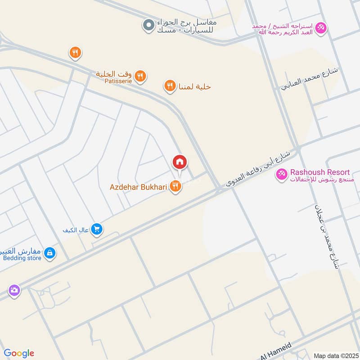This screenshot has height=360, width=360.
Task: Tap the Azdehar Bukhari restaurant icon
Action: pos(176,186)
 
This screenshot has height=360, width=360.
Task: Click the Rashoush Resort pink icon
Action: pos(282,173)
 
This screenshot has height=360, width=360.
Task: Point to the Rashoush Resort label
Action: pos(320,172)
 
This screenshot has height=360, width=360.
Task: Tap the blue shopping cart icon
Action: pos(96,229)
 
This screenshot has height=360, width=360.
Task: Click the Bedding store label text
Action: pos(22,258)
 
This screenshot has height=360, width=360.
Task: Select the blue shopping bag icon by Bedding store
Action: pos(50,254)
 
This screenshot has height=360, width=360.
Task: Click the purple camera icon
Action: pos(14,290)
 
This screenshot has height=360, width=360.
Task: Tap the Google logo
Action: pos(18,353)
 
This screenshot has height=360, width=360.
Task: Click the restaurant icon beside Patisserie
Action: pos(140,76)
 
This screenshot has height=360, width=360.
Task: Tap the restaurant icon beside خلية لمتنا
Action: pos(170,85)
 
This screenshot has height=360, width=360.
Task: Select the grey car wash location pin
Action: pos(148,26)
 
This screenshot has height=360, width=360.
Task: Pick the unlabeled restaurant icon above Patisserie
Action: pos(75,53)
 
